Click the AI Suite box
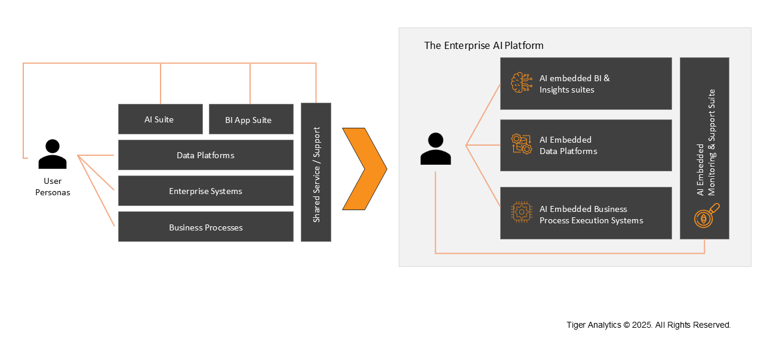coord(160,119)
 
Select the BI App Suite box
coord(251,119)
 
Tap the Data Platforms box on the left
coord(205,155)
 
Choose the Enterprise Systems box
coord(205,191)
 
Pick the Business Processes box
coord(205,227)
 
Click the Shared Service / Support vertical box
coord(316,173)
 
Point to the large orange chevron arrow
coord(365,169)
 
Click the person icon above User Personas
coord(53,154)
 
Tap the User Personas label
coord(53,187)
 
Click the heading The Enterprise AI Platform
coord(483,45)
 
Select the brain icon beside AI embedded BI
coord(522,83)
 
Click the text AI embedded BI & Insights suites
coord(574,84)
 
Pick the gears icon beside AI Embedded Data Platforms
coord(522,144)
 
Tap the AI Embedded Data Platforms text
coord(568,146)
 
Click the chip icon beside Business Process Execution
coord(522,213)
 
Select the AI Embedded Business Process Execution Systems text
coord(591,215)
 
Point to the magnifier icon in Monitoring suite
coord(706,216)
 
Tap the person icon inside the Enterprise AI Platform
coord(436,149)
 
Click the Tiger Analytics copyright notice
coord(648,325)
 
